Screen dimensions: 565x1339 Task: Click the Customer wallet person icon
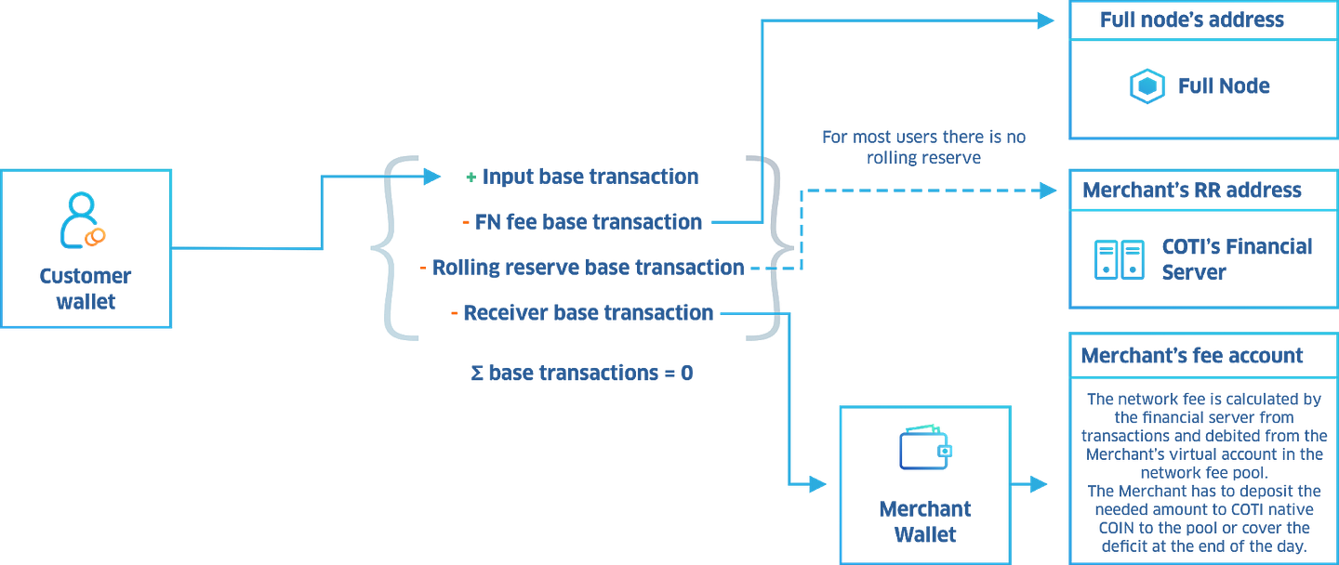(x=82, y=222)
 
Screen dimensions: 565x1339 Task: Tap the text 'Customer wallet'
(x=86, y=288)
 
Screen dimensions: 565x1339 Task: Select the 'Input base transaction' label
(x=591, y=176)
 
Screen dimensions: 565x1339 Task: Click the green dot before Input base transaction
(x=471, y=176)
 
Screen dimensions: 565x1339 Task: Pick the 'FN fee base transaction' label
(x=589, y=222)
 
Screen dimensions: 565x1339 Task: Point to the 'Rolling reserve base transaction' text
(x=588, y=268)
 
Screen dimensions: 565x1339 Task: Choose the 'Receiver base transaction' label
(x=589, y=313)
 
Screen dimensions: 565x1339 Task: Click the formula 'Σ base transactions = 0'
(x=582, y=374)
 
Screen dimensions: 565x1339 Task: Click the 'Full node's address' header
(x=1192, y=20)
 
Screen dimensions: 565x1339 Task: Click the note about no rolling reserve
(x=923, y=148)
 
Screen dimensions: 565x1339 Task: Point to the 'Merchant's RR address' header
(x=1191, y=191)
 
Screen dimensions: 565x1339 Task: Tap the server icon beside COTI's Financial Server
(x=1120, y=259)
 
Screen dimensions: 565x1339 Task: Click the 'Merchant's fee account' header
(x=1191, y=356)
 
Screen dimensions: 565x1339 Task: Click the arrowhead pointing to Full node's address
(x=1047, y=20)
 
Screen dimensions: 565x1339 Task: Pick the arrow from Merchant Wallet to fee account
(x=1031, y=484)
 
